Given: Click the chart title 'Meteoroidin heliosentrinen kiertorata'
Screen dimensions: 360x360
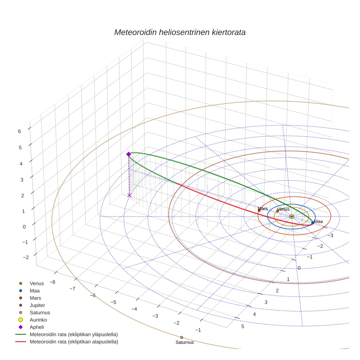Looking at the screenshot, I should click(x=180, y=32).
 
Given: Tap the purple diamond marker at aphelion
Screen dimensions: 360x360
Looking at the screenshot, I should click(x=128, y=154).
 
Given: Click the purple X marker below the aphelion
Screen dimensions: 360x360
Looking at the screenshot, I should click(x=129, y=195).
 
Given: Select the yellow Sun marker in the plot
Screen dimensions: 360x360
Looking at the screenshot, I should click(x=292, y=217).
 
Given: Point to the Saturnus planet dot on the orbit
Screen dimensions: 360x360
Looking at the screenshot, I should click(x=181, y=337).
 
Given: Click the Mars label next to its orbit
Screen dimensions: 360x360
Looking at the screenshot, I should click(x=263, y=209).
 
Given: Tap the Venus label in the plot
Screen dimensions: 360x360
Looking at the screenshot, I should click(x=283, y=209).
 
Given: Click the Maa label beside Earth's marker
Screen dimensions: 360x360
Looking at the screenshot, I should click(x=318, y=221).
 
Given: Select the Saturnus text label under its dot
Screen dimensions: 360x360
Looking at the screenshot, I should click(x=184, y=342).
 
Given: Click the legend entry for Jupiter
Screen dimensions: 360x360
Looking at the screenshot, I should click(x=37, y=305).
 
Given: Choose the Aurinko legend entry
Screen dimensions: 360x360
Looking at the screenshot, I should click(x=38, y=320).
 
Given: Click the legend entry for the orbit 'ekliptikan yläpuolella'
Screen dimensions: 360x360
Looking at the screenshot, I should click(x=74, y=334).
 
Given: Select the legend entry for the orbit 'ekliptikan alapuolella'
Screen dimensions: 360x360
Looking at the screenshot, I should click(x=74, y=342).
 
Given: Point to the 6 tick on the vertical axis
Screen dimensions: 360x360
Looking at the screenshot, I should click(x=19, y=131).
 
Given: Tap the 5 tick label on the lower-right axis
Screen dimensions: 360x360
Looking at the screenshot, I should click(x=243, y=326).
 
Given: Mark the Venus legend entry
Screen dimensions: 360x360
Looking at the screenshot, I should click(x=37, y=283).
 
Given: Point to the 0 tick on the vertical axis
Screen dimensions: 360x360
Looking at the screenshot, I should click(x=24, y=226).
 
